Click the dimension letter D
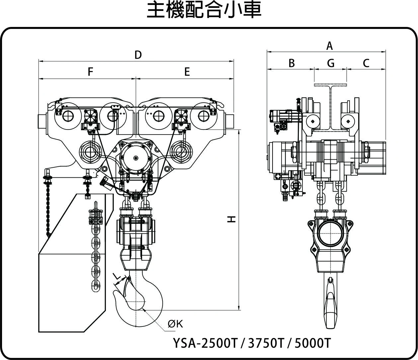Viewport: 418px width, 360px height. click(138, 55)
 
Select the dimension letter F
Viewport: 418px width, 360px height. click(90, 72)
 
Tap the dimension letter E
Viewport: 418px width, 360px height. click(187, 72)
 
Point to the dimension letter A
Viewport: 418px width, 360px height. click(329, 46)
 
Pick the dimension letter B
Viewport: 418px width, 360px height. click(291, 63)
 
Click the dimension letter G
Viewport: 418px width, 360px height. click(330, 63)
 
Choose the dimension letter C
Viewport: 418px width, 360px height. click(366, 63)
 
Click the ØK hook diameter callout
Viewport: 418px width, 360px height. click(175, 324)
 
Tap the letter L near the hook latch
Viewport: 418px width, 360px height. click(116, 276)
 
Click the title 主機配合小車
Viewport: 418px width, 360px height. click(204, 10)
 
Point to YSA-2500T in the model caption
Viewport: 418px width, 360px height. click(205, 343)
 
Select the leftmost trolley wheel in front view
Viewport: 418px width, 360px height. click(68, 116)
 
